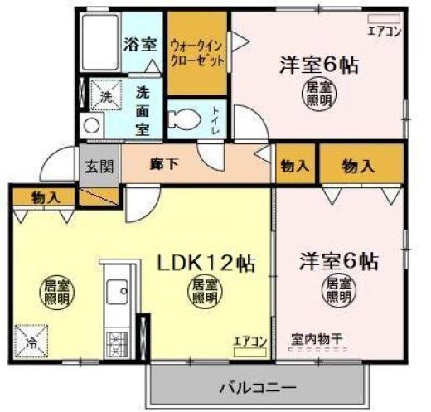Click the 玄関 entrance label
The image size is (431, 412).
92,165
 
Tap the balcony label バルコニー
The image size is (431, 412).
258,387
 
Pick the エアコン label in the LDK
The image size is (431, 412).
249,339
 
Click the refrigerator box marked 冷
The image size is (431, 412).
31,341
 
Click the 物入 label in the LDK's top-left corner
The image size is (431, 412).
45,197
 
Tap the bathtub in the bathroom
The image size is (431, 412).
100,43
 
